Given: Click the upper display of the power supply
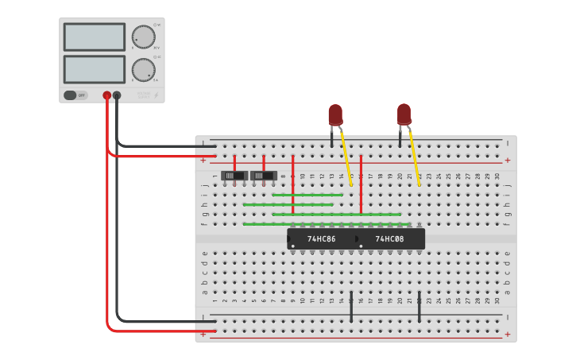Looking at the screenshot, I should [94, 37].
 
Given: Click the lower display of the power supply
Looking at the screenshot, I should [94, 69].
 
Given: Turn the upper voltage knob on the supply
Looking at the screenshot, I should [143, 37].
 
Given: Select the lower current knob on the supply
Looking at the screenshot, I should [143, 70].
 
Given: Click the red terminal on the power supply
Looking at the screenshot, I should [106, 95].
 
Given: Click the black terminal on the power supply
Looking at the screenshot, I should [117, 95].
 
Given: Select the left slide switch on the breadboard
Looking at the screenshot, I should [234, 176].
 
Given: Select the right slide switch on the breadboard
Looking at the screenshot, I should [264, 176].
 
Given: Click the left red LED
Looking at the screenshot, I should [335, 114].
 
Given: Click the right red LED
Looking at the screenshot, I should [404, 114].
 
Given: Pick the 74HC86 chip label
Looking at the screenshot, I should [321, 239].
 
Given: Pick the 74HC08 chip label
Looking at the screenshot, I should [389, 239].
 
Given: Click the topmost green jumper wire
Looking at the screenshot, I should [307, 195].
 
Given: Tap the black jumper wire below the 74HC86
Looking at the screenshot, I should [351, 307].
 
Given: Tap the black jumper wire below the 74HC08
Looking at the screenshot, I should [419, 307].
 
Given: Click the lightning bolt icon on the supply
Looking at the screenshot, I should [156, 96].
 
